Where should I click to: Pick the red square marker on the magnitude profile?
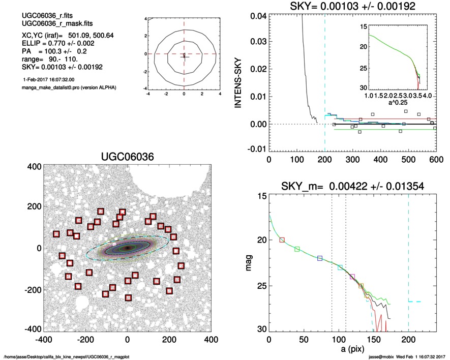coord(282,239)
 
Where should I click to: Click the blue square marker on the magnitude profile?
coord(320,258)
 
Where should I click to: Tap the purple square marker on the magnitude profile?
coord(352,277)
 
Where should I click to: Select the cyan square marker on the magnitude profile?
coord(340,267)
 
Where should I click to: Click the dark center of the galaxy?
coord(128,248)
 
